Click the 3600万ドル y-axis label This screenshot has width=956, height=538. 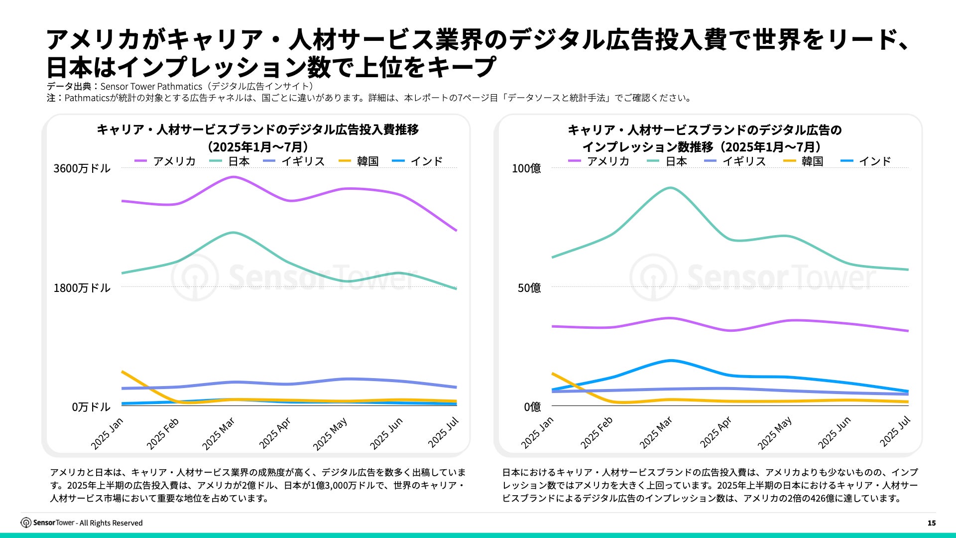coord(82,168)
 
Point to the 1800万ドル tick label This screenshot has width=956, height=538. coord(82,288)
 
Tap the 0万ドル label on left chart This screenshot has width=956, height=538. coord(91,407)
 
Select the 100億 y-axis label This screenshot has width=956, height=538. coord(526,168)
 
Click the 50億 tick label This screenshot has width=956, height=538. coord(529,288)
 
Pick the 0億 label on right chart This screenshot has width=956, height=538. coord(532,407)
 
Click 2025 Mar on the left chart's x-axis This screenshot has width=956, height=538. coord(219,434)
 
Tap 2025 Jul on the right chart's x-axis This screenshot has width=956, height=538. coord(895,431)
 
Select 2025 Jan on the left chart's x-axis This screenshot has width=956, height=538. coord(107,434)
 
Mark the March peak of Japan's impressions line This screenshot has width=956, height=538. coord(671,188)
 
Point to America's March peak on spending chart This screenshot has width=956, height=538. coord(233,177)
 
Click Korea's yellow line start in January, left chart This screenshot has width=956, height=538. coord(122,372)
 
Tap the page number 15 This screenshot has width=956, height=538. coord(932,523)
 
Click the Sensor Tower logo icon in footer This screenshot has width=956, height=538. coord(26,523)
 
